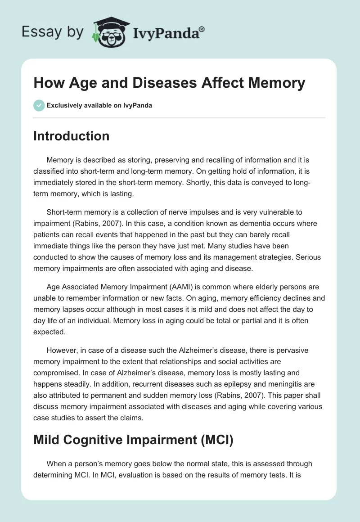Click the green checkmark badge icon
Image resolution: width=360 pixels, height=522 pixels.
pos(38,105)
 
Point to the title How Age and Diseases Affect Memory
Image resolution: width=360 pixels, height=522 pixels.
pos(169,83)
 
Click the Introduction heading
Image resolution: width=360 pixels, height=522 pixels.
pos(71,136)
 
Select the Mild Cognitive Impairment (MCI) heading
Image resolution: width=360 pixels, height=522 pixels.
pos(133,441)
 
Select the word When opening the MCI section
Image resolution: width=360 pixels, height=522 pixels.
pos(56,463)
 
